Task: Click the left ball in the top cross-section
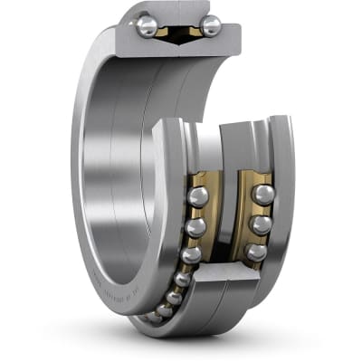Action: pyautogui.click(x=147, y=25)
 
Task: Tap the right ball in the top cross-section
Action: pyautogui.click(x=210, y=25)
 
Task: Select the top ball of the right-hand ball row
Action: pyautogui.click(x=262, y=195)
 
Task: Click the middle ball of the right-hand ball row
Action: pyautogui.click(x=260, y=224)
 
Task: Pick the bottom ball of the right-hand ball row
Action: pyautogui.click(x=255, y=252)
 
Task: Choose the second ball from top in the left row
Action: pyautogui.click(x=195, y=227)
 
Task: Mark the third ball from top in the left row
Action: pyautogui.click(x=190, y=255)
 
